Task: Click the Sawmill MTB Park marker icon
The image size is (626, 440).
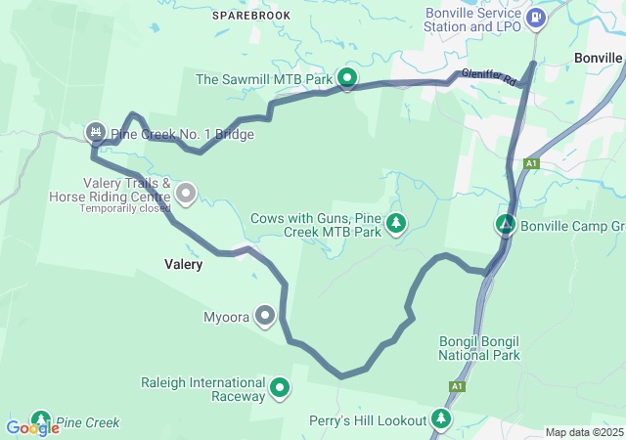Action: coord(346,77)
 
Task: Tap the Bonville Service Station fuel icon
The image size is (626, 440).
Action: coord(536,18)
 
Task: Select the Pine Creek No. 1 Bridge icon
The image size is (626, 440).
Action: coord(96,132)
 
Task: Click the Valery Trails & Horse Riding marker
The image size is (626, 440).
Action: coord(185,195)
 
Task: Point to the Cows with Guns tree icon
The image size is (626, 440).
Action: coord(396,224)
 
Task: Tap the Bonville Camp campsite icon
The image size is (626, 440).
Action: coord(506,225)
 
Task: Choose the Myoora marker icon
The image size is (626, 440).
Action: coord(264,316)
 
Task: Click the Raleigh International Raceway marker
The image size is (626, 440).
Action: coord(280,388)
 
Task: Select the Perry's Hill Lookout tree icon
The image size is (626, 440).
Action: coord(442,419)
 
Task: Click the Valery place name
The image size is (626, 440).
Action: coord(184,264)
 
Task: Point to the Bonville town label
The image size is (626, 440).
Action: coord(599,58)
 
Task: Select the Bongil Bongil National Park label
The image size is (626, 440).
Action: coord(479,348)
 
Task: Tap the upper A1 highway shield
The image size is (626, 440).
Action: coord(531,163)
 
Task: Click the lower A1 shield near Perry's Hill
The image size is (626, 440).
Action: coord(457,387)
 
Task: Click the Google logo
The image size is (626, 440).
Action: coord(32,427)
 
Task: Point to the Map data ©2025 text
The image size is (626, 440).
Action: coord(583,432)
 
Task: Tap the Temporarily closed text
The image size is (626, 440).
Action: coord(125,208)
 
